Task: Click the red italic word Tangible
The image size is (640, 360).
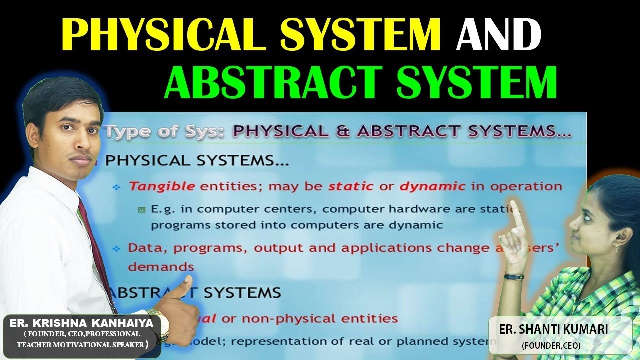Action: coord(162,187)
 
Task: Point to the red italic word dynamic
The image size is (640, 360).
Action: coord(432,187)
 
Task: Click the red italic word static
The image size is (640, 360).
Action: coord(350,187)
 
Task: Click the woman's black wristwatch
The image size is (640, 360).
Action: coord(514,276)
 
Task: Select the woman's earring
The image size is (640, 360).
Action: coord(618,245)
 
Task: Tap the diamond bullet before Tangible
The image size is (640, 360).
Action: coord(117,187)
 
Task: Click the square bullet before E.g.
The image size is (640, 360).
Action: coord(141,210)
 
